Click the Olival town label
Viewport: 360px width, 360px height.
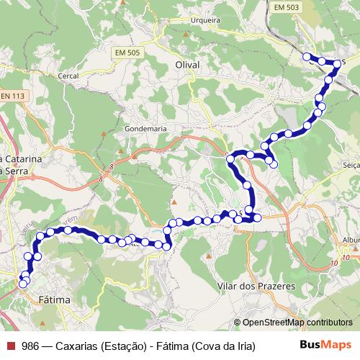(x=186, y=65)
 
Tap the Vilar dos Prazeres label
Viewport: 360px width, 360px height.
(x=256, y=286)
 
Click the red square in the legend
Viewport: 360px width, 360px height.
(x=9, y=346)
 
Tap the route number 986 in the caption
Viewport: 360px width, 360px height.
(x=30, y=346)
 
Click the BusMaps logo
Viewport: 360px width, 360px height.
(x=325, y=345)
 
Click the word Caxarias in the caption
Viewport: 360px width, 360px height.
(x=76, y=346)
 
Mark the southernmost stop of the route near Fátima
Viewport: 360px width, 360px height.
(x=22, y=284)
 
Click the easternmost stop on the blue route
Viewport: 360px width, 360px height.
(x=336, y=64)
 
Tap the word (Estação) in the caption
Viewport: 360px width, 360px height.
(x=121, y=346)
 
